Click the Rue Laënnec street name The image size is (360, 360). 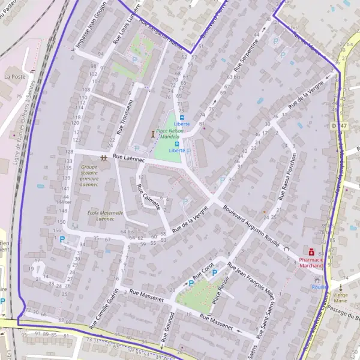pyautogui.click(x=129, y=157)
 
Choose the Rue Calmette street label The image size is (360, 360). pyautogui.click(x=148, y=196)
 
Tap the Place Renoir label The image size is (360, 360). pyautogui.click(x=217, y=289)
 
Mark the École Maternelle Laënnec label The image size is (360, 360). pyautogui.click(x=105, y=216)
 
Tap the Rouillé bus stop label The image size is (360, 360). pyautogui.click(x=319, y=287)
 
